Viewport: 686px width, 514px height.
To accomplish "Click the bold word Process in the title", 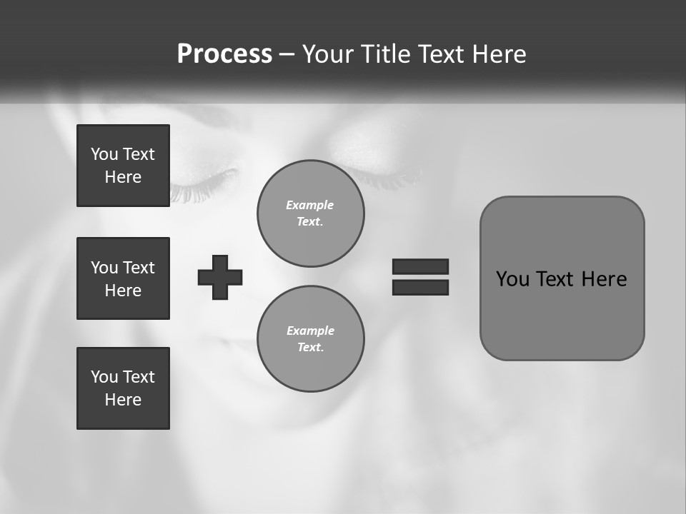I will [224, 54].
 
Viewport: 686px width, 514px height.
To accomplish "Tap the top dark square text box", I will [123, 166].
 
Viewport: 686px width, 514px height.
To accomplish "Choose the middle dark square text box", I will [123, 278].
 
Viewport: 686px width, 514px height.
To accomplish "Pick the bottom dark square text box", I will [123, 388].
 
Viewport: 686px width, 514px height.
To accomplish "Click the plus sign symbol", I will [220, 277].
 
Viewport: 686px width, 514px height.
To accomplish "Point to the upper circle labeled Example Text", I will [310, 213].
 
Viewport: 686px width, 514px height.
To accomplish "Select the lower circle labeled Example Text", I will [310, 339].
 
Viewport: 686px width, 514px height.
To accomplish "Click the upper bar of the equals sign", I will [420, 266].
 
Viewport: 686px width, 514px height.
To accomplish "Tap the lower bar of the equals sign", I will [420, 287].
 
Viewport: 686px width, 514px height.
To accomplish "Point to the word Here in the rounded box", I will [604, 279].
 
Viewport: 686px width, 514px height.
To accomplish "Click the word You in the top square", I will [104, 154].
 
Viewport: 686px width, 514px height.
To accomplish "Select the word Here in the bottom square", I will [123, 400].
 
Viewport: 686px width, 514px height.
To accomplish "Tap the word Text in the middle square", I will [139, 268].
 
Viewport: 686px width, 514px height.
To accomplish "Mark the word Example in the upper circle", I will [309, 205].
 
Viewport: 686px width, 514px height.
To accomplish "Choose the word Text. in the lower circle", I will [310, 348].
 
